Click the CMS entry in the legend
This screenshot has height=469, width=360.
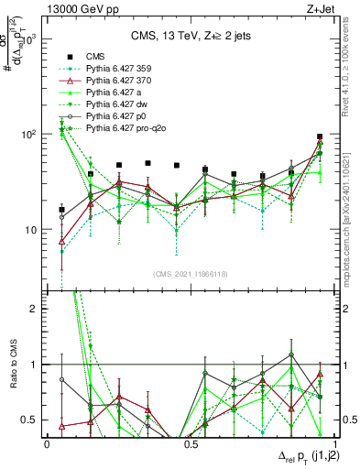coord(94,56)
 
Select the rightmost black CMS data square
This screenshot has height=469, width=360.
coord(320,136)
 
